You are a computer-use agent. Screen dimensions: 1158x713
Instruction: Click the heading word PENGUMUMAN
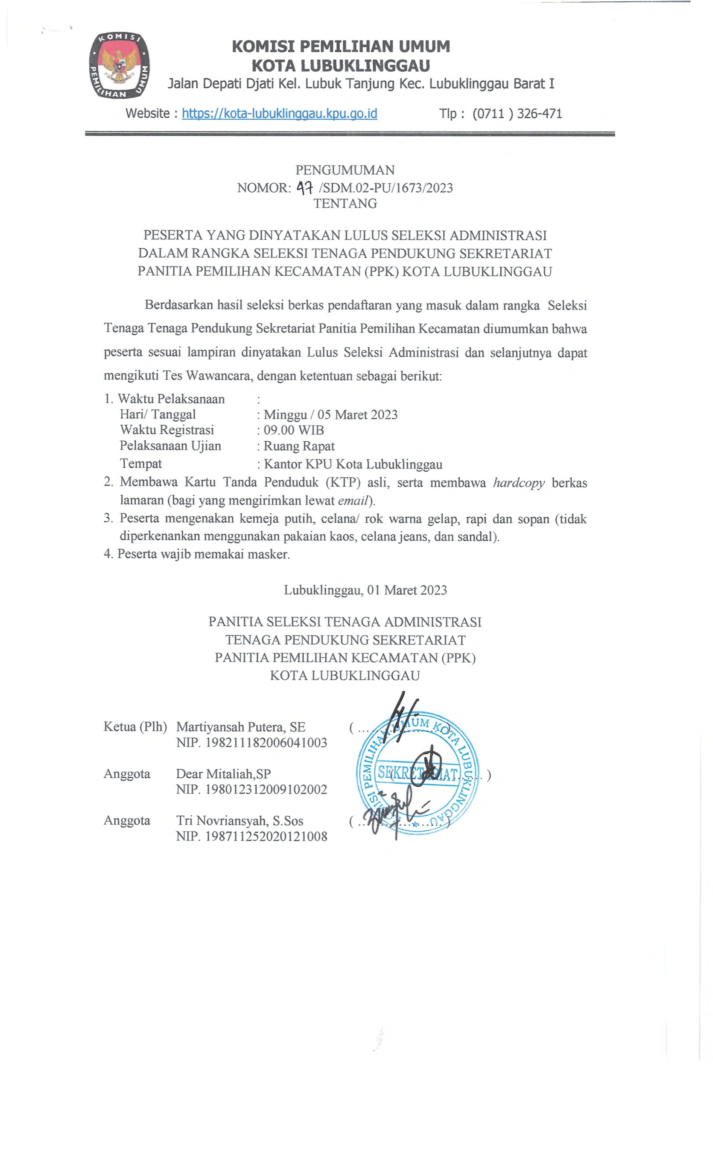coord(345,170)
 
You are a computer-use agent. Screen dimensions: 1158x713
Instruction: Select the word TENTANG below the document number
coord(345,204)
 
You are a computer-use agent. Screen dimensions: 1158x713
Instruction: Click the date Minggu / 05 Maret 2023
coord(330,415)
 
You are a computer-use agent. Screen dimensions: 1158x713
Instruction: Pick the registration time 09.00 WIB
coord(293,430)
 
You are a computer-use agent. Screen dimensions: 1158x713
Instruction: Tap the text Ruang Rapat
coord(299,446)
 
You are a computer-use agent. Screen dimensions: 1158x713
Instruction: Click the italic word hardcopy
coord(519,483)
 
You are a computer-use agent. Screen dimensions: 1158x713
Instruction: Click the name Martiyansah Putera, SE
coord(241,727)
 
